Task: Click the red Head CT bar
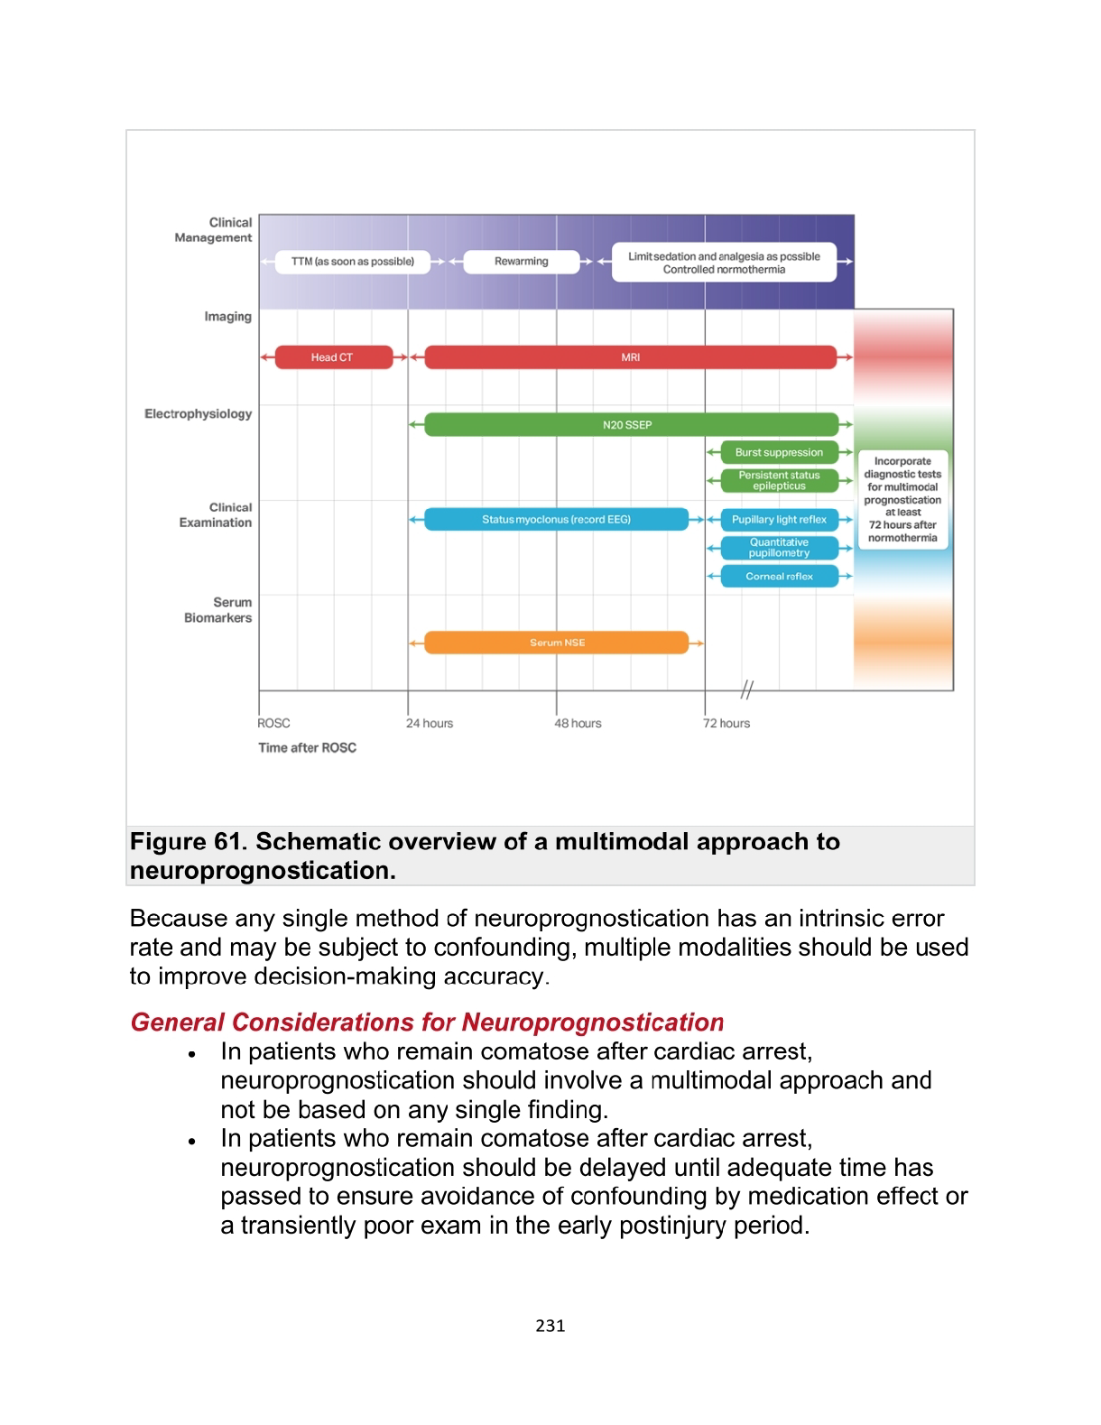333,357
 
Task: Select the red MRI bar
630,357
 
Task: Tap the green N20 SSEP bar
630,424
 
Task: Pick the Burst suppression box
779,452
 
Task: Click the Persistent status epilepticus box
779,480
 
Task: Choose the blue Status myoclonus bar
556,519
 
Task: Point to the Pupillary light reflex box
779,519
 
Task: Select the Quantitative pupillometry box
779,548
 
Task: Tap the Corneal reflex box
779,576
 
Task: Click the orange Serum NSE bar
556,643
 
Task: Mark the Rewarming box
521,262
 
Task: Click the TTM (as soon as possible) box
352,262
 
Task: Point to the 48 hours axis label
578,723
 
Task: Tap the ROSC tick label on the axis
273,723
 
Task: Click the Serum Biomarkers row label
218,610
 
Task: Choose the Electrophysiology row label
199,414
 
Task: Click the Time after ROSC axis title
307,747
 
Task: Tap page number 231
550,1326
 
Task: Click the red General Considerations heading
427,1022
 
